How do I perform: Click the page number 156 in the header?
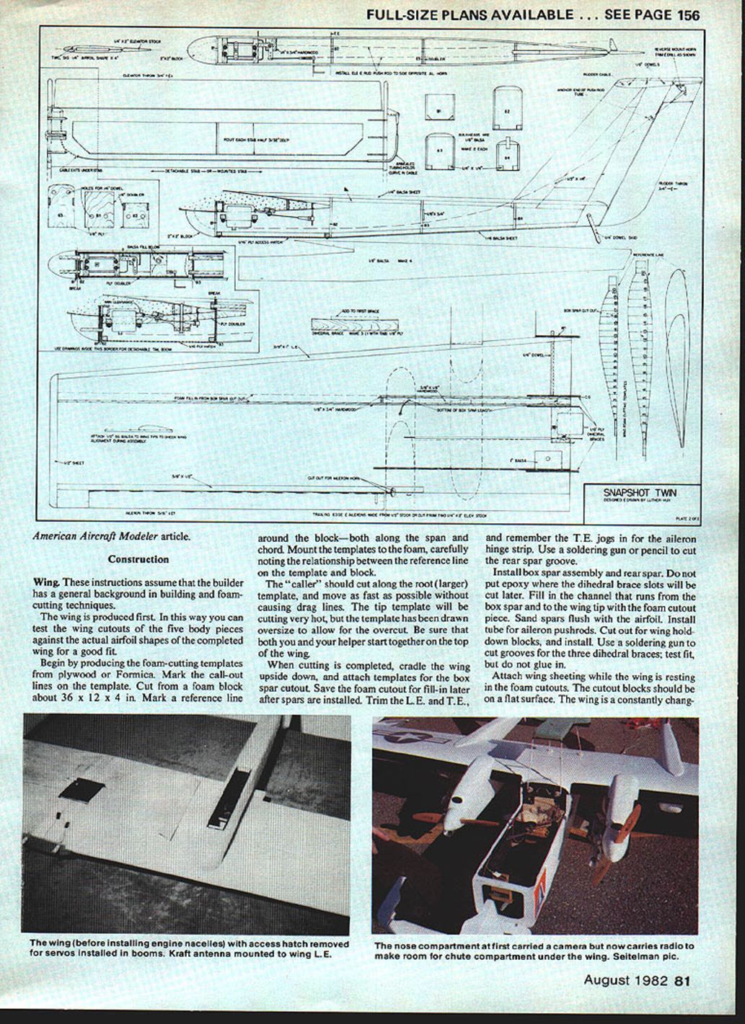tap(684, 14)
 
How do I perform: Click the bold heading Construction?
tap(138, 559)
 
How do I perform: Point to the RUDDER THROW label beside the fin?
tap(671, 184)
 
